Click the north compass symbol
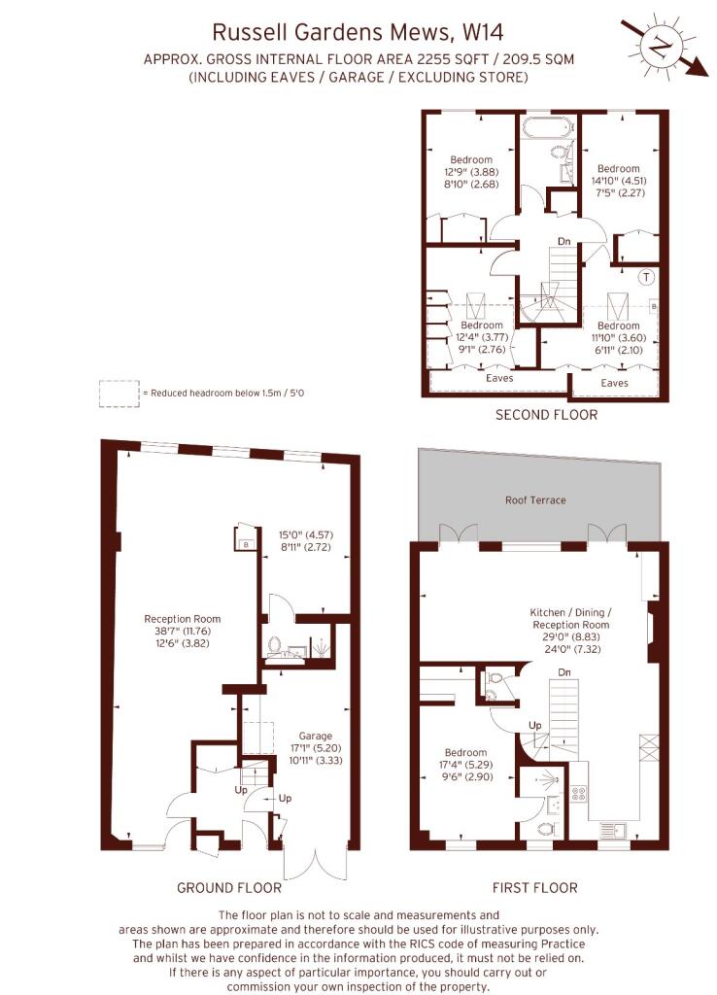(x=663, y=47)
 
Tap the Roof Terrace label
(x=535, y=500)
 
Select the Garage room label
(x=316, y=737)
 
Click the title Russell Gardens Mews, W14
(x=358, y=32)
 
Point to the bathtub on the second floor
(x=549, y=125)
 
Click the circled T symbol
(x=646, y=277)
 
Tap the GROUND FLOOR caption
(x=229, y=887)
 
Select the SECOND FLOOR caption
(x=546, y=415)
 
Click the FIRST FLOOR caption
(x=535, y=887)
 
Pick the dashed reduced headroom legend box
(x=119, y=394)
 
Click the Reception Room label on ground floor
(x=182, y=619)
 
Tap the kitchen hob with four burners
(x=579, y=793)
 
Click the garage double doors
(x=316, y=864)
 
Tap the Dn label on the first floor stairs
(x=564, y=672)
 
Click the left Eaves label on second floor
(x=499, y=378)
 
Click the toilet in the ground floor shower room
(x=275, y=645)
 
